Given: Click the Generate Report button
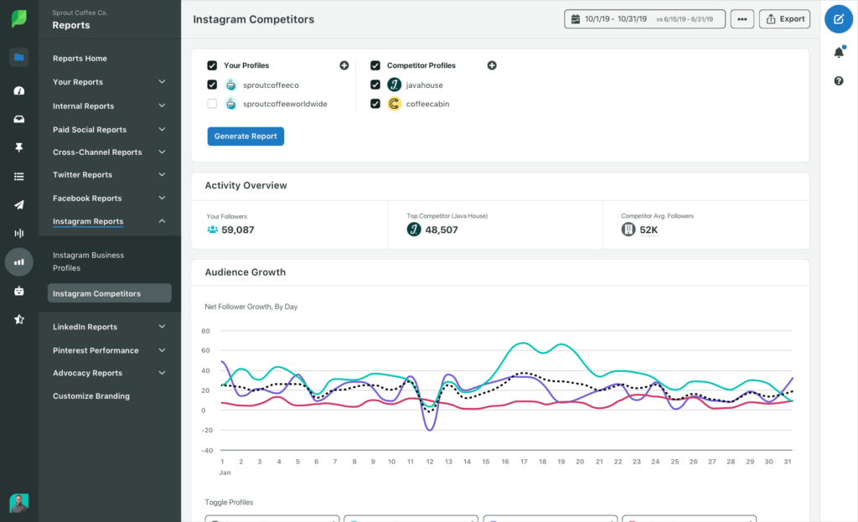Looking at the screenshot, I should (x=246, y=137).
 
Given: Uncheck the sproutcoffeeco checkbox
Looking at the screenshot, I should (x=212, y=85).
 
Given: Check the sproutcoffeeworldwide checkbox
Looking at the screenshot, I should (x=212, y=104).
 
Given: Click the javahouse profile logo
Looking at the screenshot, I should (x=394, y=85).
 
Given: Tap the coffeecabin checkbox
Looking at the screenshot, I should (x=375, y=104).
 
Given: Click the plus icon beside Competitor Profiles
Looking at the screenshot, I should (x=492, y=65).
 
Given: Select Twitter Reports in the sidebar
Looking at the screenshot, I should (x=82, y=175).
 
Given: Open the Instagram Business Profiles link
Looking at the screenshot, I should (x=88, y=261).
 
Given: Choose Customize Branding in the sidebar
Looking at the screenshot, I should (x=91, y=396).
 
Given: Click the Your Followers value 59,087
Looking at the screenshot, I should (x=237, y=230).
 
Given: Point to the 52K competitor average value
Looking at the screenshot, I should (x=648, y=230).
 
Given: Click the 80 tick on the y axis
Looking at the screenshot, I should (x=205, y=331).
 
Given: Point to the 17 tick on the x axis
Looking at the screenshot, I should (x=523, y=462).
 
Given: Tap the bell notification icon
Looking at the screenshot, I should (x=839, y=53).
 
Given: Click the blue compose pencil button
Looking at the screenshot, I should (x=839, y=18).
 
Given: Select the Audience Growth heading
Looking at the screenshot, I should (x=245, y=272).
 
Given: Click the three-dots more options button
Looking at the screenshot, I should (x=742, y=18).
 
